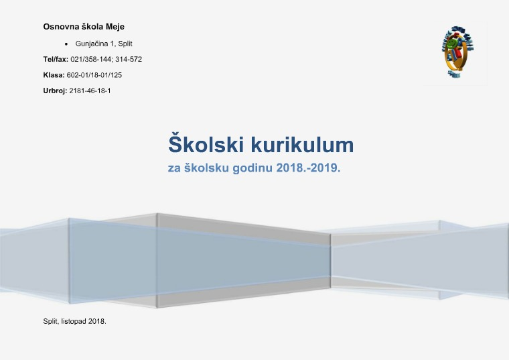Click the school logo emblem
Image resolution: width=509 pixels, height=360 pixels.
457,52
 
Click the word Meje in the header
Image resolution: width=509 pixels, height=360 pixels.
115,27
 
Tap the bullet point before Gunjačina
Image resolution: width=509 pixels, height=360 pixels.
66,44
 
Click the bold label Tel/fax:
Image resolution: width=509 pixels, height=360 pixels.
56,59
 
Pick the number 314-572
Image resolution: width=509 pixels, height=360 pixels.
129,59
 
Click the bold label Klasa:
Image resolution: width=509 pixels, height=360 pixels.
54,75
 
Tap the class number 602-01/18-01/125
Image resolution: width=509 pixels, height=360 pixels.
94,75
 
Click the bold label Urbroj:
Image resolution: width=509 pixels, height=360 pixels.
55,91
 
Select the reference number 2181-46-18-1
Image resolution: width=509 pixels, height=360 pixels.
90,91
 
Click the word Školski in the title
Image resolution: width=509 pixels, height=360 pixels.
206,143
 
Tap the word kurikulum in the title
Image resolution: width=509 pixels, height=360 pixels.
303,145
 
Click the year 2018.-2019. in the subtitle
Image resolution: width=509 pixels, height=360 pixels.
308,168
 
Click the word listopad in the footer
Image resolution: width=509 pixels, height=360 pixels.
74,321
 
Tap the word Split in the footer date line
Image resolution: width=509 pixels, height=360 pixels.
51,321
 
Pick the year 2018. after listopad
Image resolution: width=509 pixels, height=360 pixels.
97,321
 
